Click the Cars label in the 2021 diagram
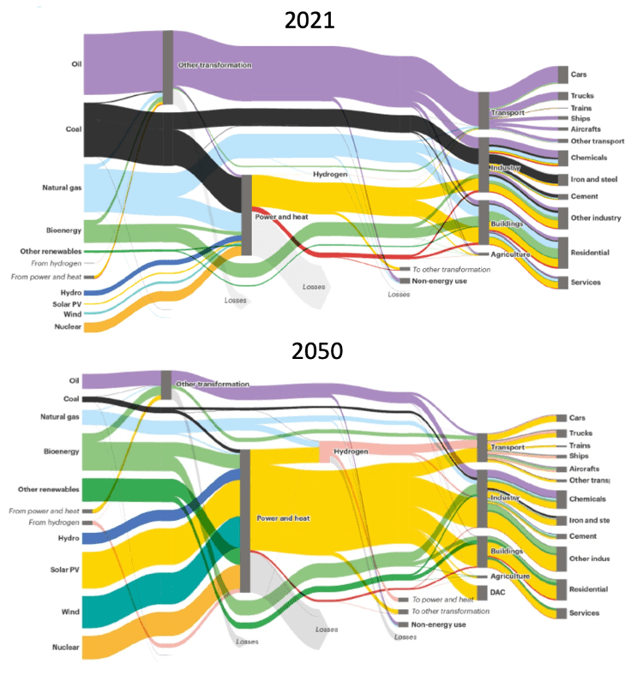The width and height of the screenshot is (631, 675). [x=579, y=75]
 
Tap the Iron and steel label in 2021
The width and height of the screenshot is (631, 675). [x=593, y=179]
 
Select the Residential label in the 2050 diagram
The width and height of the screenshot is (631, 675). [x=589, y=589]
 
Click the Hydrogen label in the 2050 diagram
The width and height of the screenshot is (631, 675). [x=351, y=451]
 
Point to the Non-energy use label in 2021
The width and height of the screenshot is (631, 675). [x=439, y=281]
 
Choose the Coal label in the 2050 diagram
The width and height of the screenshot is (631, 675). [x=72, y=399]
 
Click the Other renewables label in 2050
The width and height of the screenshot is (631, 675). [x=49, y=489]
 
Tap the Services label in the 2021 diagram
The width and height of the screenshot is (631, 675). [x=586, y=282]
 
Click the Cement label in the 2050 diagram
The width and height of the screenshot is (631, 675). [x=582, y=536]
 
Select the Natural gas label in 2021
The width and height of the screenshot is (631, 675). [x=62, y=187]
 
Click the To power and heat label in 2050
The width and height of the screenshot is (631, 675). [x=442, y=600]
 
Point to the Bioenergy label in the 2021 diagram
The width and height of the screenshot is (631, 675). [x=64, y=230]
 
